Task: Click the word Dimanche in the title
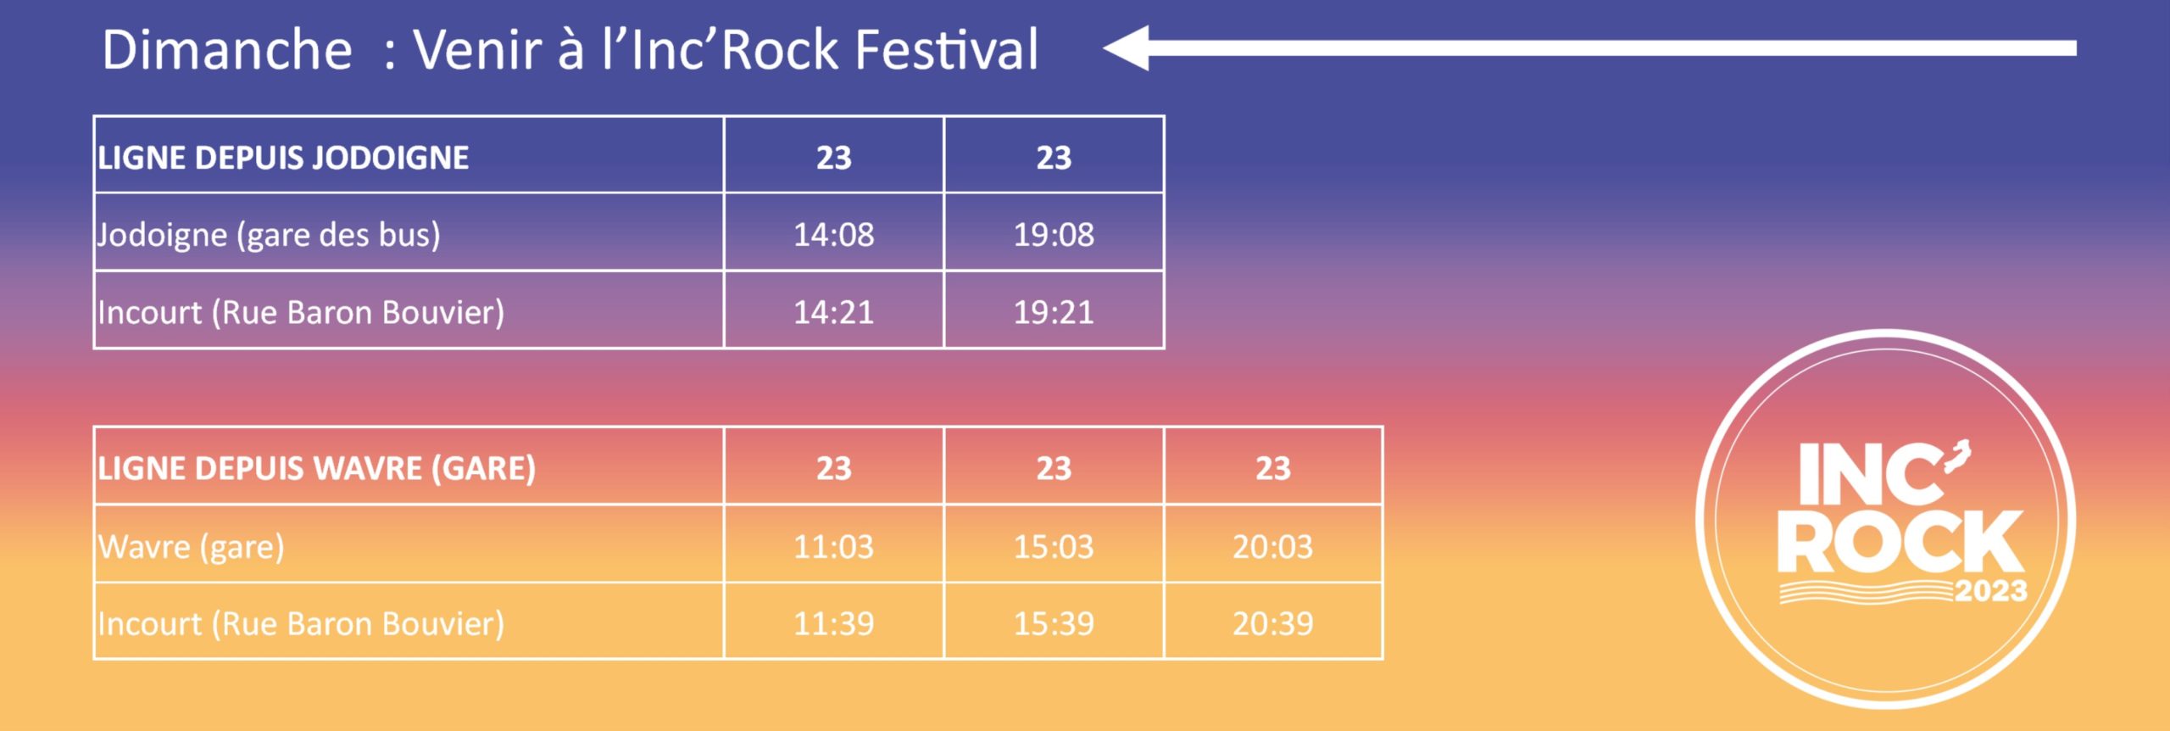[227, 49]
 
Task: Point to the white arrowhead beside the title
[1127, 47]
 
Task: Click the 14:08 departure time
[833, 234]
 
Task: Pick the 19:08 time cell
[1054, 234]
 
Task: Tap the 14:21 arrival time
[833, 312]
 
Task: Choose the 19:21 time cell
[1054, 312]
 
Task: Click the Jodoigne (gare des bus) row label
[269, 235]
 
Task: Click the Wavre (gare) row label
[192, 547]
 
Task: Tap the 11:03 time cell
[833, 546]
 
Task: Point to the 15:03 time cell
[1054, 546]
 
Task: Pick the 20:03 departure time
[1272, 546]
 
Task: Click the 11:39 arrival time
[833, 623]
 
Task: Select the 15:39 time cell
[1054, 623]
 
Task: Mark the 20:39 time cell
[1272, 623]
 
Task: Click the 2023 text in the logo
[1991, 590]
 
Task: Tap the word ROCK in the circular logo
[1900, 542]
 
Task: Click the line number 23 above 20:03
[1273, 468]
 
